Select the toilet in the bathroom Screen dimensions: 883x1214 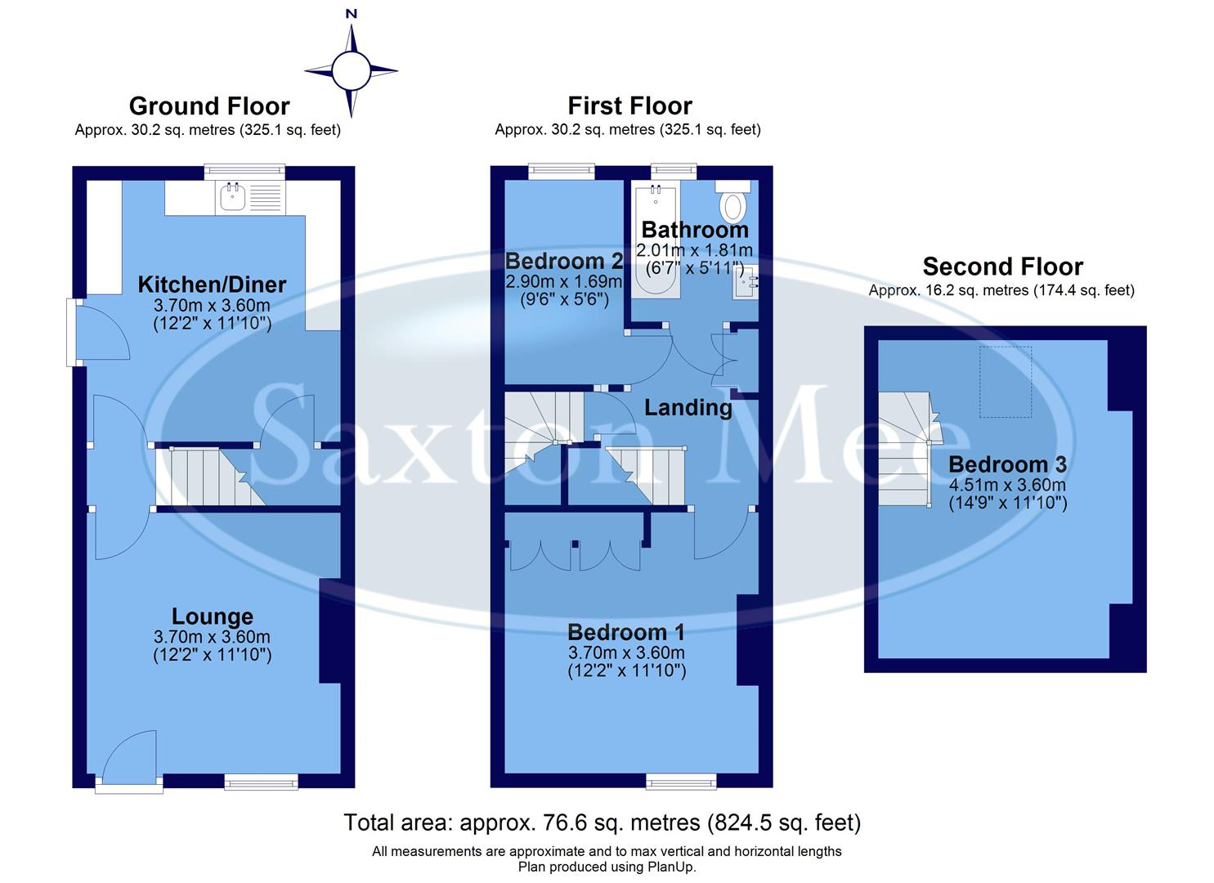(x=732, y=202)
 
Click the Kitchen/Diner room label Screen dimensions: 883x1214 (x=212, y=285)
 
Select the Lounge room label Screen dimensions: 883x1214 (x=212, y=616)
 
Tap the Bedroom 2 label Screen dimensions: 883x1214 (x=564, y=262)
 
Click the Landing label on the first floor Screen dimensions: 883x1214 (x=688, y=407)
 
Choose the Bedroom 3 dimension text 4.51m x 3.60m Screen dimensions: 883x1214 (x=1007, y=485)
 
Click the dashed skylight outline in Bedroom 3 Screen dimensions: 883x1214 (x=1006, y=381)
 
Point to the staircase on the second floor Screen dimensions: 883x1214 (x=906, y=450)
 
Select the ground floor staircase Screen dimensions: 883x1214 (x=208, y=476)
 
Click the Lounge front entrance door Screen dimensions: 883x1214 (x=129, y=760)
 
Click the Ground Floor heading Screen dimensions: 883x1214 (x=209, y=106)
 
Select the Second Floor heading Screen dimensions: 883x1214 (x=1002, y=267)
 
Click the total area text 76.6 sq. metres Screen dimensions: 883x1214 (x=602, y=822)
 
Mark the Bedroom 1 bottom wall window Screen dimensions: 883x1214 (x=681, y=782)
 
